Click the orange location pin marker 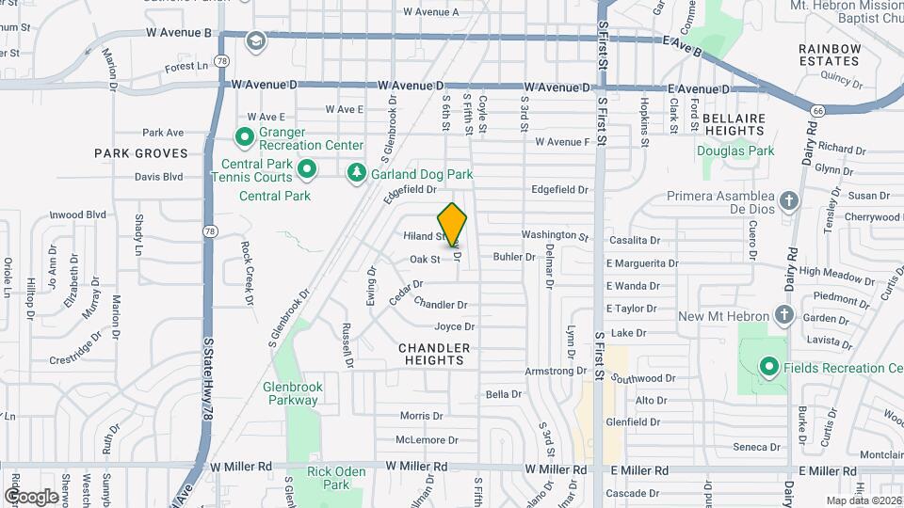click(x=453, y=224)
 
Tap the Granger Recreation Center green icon click(x=245, y=138)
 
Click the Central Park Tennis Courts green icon click(x=306, y=169)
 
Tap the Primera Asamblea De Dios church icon click(x=789, y=199)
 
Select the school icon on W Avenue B click(x=256, y=40)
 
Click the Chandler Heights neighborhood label click(x=433, y=354)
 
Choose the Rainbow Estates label click(x=830, y=55)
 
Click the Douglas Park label click(x=735, y=151)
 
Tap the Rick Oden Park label click(x=329, y=478)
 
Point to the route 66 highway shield click(x=815, y=111)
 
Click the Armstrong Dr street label click(x=556, y=372)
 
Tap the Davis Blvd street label click(x=158, y=176)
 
